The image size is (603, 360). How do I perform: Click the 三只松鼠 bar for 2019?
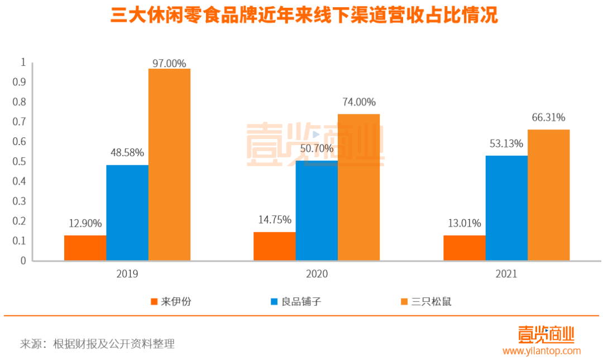pos(169,165)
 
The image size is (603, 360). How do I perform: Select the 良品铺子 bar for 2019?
pos(127,213)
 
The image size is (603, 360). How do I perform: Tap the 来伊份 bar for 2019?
pos(85,248)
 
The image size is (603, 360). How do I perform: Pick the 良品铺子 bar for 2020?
pos(317,210)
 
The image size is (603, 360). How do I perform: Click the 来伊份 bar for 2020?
pos(274,246)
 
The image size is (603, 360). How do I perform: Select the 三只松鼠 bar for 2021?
pos(548,195)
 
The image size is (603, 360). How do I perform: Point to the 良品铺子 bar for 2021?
pos(506,208)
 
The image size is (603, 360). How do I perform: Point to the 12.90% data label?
pos(85,223)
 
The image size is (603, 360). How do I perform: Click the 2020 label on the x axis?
pos(317,274)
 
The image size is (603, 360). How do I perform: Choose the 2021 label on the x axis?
pos(506,274)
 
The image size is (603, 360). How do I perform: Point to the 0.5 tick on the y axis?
pos(23,162)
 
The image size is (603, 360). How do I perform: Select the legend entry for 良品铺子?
pos(296,302)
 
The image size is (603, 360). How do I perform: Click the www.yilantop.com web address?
pos(541,351)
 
